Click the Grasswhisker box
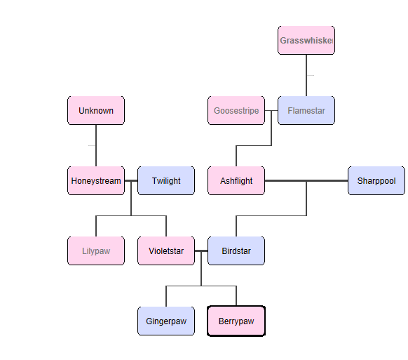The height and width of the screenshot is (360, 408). (306, 41)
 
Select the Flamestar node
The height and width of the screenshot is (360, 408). (306, 111)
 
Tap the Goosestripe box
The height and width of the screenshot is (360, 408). (236, 111)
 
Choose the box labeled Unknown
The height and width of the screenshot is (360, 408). (96, 111)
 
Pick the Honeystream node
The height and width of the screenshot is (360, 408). (96, 181)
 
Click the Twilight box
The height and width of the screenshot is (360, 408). (166, 181)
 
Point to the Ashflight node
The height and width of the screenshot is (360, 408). (236, 181)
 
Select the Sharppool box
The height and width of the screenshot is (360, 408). (376, 181)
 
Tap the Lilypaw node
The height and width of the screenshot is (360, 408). (96, 251)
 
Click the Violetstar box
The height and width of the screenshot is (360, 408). (166, 251)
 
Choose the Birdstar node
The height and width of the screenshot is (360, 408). (236, 251)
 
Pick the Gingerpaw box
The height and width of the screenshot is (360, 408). (166, 321)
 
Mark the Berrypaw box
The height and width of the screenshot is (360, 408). (236, 321)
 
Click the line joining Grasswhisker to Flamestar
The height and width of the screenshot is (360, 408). (306, 75)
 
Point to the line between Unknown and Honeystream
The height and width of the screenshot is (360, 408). (96, 145)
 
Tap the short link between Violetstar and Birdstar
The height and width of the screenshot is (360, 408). (201, 251)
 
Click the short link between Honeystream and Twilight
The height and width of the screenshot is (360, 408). (131, 181)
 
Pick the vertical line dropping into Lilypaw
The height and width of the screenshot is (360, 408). (96, 226)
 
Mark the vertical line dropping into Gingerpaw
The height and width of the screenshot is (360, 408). (166, 296)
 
